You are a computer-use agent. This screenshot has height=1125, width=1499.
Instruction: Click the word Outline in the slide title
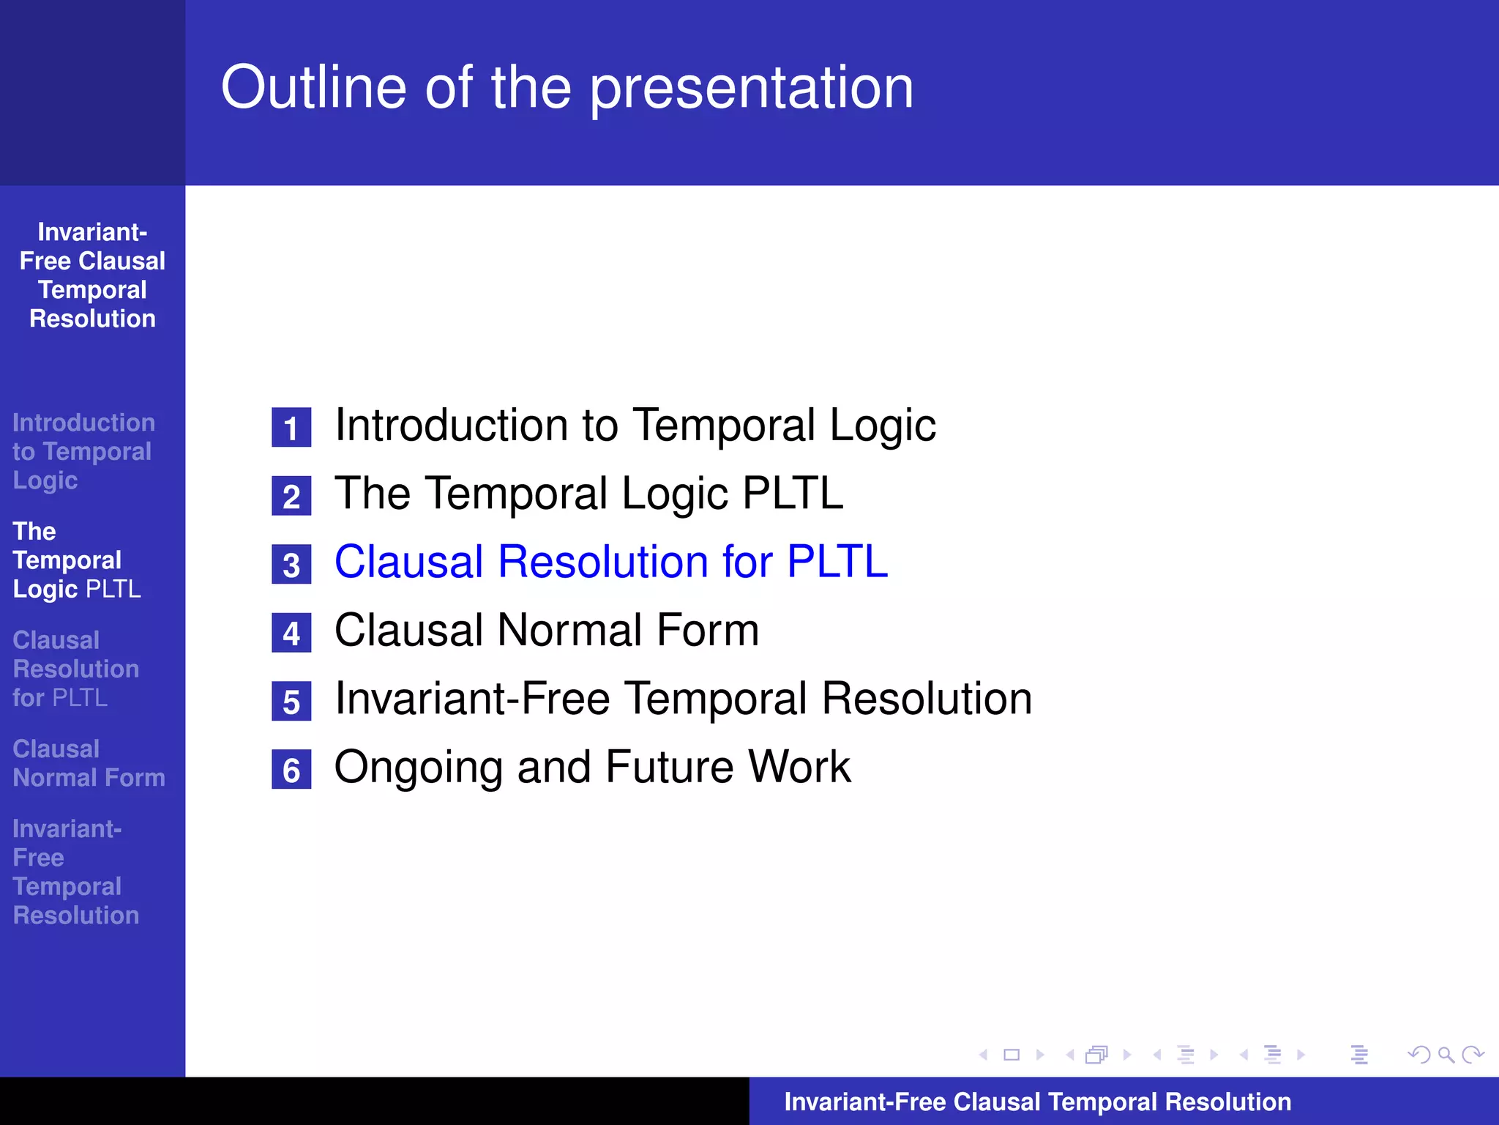pos(313,88)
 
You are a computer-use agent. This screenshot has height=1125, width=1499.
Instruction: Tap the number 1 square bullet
pos(291,428)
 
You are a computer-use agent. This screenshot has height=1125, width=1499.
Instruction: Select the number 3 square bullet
pos(291,565)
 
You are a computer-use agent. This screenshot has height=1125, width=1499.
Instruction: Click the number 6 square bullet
pos(291,770)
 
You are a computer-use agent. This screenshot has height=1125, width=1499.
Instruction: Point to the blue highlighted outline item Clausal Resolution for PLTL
pos(610,562)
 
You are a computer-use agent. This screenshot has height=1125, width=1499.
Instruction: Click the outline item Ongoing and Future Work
pos(592,768)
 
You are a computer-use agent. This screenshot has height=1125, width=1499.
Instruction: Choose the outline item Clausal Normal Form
pos(546,631)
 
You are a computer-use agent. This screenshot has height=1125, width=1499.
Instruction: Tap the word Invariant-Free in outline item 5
pos(472,699)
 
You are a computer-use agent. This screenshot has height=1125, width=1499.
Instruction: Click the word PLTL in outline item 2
pos(793,494)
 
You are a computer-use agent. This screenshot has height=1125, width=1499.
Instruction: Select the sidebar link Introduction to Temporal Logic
pos(83,451)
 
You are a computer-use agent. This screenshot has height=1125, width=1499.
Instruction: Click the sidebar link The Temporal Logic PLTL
pos(76,560)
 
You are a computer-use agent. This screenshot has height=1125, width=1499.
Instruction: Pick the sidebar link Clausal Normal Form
pos(89,763)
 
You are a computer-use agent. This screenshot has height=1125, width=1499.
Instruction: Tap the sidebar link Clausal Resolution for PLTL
pos(75,669)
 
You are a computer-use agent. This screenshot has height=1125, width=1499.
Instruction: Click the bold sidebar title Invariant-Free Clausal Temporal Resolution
pos(92,275)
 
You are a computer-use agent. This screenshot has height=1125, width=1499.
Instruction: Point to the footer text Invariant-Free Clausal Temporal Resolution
pos(1037,1102)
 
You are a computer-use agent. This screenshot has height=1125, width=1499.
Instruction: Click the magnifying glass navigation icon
pos(1446,1055)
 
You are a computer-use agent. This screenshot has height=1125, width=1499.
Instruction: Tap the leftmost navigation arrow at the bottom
pos(983,1055)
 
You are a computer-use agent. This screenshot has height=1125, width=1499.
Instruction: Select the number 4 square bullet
pos(291,633)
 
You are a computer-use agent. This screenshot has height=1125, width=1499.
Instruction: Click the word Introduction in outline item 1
pos(451,426)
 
